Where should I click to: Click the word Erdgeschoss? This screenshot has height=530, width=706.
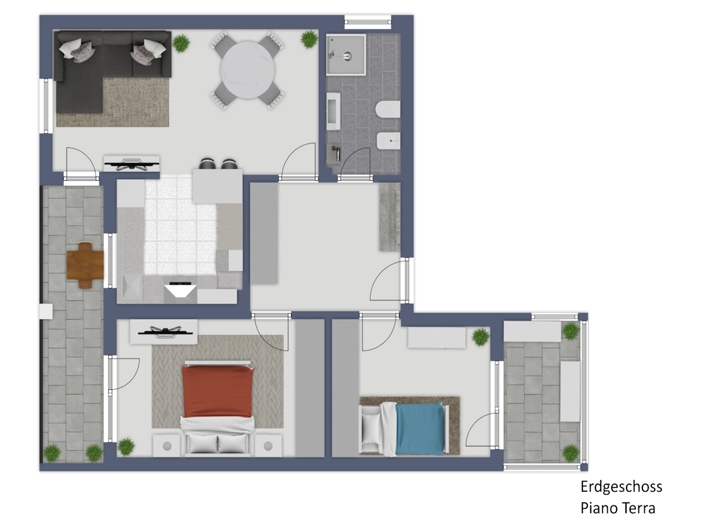(621, 487)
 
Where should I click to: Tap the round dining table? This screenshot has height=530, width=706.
(247, 71)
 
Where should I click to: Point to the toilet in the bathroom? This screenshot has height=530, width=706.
(388, 110)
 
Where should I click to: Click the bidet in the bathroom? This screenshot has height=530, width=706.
(388, 141)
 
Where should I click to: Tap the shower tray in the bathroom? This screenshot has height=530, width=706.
(346, 55)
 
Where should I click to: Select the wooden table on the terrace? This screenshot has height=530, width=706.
(85, 265)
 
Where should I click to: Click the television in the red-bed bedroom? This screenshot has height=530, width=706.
(164, 332)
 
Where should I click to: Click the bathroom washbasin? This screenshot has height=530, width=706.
(333, 111)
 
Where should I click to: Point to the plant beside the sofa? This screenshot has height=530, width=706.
(181, 43)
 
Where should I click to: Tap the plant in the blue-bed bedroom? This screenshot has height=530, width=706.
(481, 337)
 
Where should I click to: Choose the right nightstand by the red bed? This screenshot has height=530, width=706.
(268, 446)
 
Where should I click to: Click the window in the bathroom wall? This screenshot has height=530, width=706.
(368, 22)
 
